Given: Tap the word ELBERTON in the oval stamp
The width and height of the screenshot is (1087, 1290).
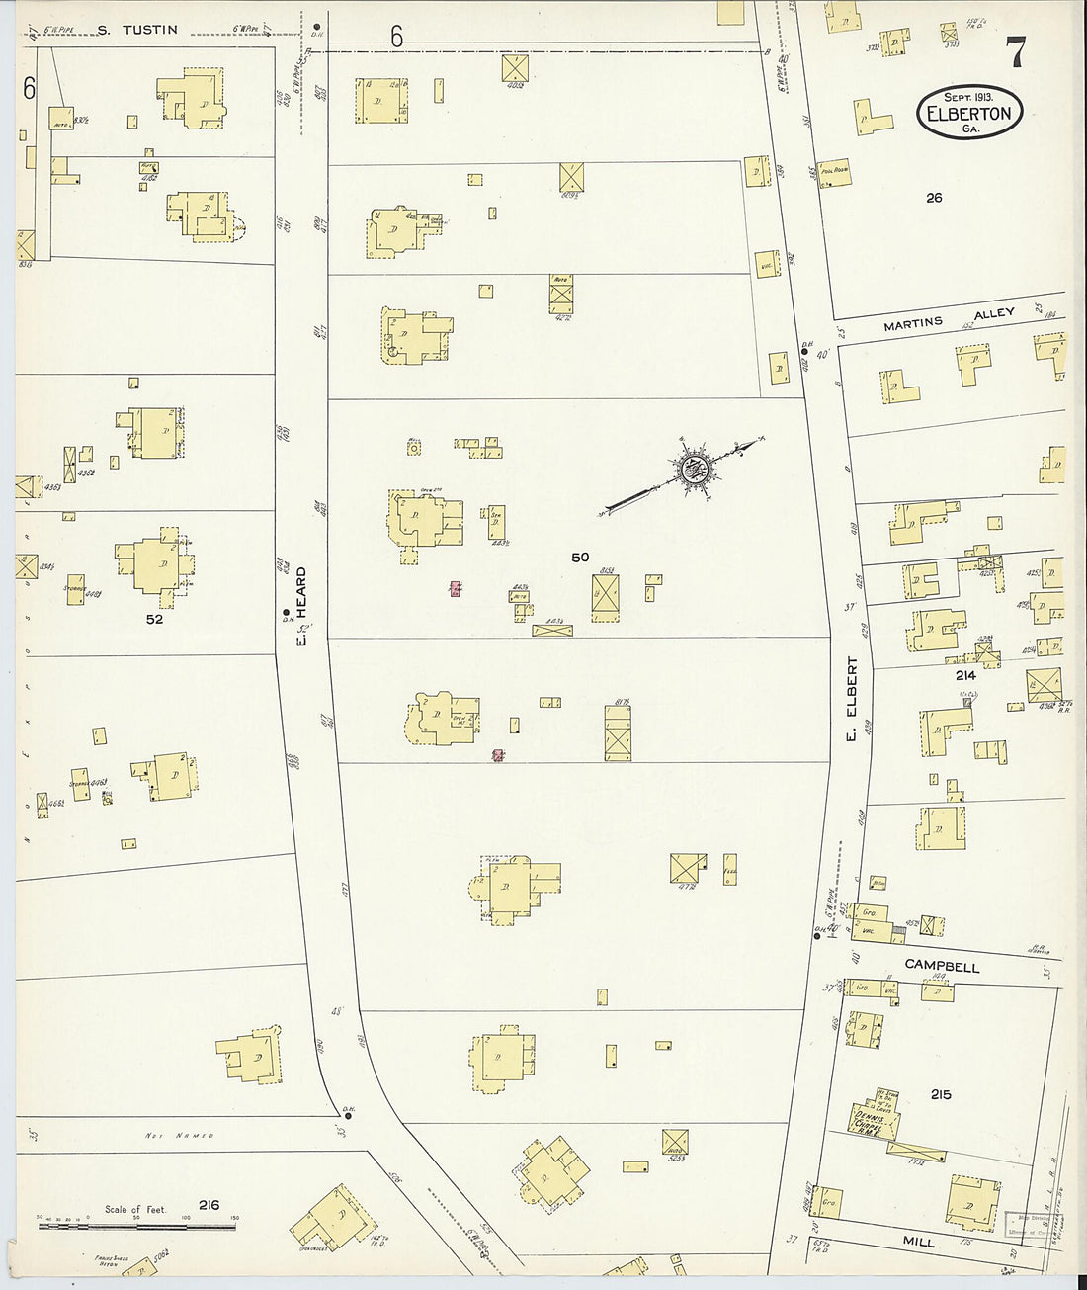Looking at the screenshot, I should tap(968, 113).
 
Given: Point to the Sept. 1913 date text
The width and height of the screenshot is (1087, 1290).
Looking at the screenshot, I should tap(966, 97).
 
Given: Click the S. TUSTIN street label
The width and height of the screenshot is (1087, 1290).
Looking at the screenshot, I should tap(137, 30).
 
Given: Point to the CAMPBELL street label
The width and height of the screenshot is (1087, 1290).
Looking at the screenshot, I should tap(942, 967).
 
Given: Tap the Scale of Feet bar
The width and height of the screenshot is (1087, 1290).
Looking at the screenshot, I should tap(137, 1227).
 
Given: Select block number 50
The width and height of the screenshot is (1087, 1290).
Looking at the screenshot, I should tap(580, 558).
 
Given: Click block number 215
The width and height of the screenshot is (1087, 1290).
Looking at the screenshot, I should tap(940, 1094).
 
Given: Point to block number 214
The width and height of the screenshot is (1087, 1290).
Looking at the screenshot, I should tap(964, 676).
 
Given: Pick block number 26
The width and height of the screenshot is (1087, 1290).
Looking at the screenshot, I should tap(934, 198).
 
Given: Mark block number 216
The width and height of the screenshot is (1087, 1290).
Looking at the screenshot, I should tap(209, 1205).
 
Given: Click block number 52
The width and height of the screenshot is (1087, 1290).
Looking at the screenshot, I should tap(153, 621).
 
